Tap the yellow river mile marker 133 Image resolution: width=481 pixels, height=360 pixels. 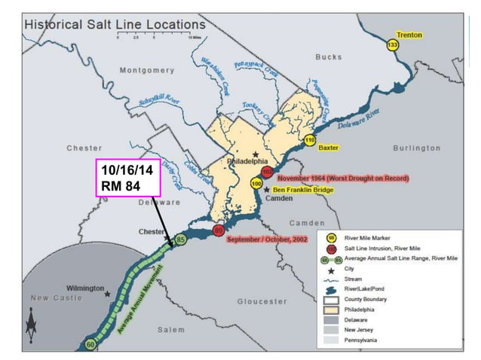[x=392, y=45]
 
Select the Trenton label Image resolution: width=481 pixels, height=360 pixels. [x=411, y=35]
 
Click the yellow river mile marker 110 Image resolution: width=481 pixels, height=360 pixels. [x=309, y=141]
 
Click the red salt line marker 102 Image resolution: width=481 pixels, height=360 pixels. [x=267, y=172]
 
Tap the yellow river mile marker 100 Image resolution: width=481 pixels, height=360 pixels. [x=256, y=183]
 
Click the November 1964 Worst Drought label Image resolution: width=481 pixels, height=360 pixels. [x=343, y=178]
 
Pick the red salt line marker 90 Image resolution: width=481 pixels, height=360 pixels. [x=219, y=230]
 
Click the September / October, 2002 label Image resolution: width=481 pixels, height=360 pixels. [x=268, y=239]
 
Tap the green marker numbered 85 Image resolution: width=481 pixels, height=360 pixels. [x=180, y=239]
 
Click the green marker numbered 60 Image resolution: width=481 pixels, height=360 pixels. [x=90, y=343]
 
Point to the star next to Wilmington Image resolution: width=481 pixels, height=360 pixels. [x=108, y=293]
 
